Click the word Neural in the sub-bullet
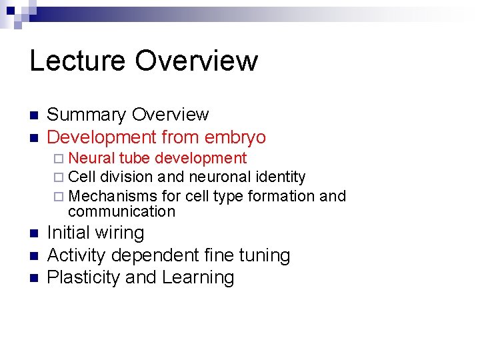click(x=91, y=159)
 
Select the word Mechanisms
click(x=113, y=196)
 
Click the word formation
click(x=282, y=196)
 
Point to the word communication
click(x=121, y=212)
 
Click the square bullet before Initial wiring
click(x=33, y=234)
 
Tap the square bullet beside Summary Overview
click(x=33, y=116)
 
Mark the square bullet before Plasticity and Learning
click(x=33, y=278)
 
